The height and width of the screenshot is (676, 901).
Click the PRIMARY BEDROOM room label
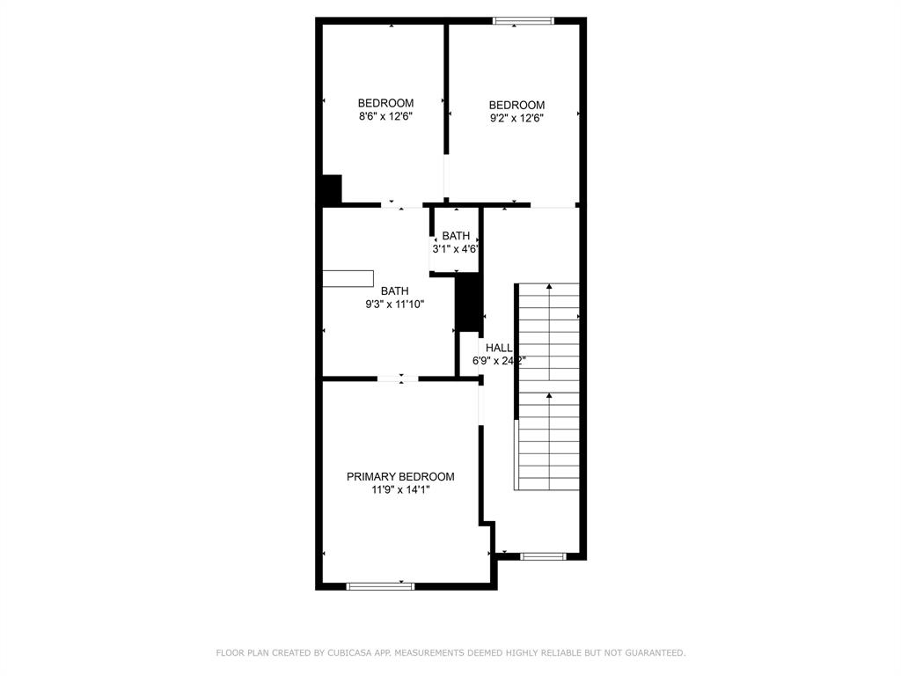[400, 476]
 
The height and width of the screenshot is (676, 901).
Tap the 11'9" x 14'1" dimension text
[400, 490]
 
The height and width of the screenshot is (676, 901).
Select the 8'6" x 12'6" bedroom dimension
[385, 116]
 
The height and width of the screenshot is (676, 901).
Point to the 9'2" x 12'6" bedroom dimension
[516, 118]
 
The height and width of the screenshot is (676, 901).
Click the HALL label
[498, 348]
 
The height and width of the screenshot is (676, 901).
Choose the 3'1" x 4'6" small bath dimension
[455, 249]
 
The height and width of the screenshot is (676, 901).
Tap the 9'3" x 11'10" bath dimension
[394, 305]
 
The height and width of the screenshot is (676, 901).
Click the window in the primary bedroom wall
[380, 585]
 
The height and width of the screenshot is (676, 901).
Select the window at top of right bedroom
[523, 20]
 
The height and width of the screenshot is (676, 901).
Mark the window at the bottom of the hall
[543, 556]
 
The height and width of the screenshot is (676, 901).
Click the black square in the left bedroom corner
[331, 189]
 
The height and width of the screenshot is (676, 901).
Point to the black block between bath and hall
[469, 302]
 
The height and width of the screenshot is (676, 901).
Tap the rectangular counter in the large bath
[348, 279]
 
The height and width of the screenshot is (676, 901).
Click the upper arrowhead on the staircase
[550, 286]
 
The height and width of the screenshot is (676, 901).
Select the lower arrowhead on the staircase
[550, 396]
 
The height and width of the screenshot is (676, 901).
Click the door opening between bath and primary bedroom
[398, 379]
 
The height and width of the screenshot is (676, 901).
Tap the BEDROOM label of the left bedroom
[385, 103]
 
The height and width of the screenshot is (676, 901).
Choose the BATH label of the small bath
[456, 236]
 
